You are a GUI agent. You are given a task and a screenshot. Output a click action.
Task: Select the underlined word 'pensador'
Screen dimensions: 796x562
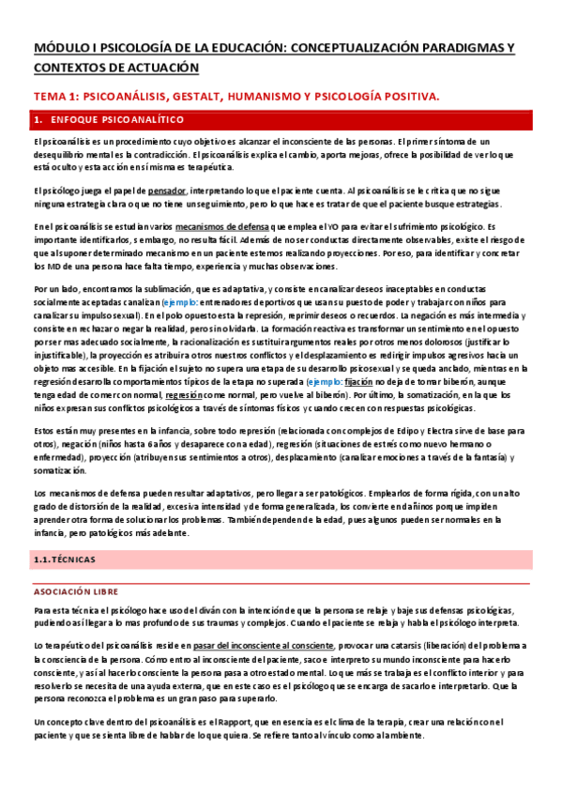coord(165,190)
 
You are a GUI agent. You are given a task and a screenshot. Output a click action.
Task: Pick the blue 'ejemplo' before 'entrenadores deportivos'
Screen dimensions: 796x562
coord(180,304)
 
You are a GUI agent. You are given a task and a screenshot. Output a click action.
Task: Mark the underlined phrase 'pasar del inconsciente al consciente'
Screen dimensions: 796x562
coord(263,646)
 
